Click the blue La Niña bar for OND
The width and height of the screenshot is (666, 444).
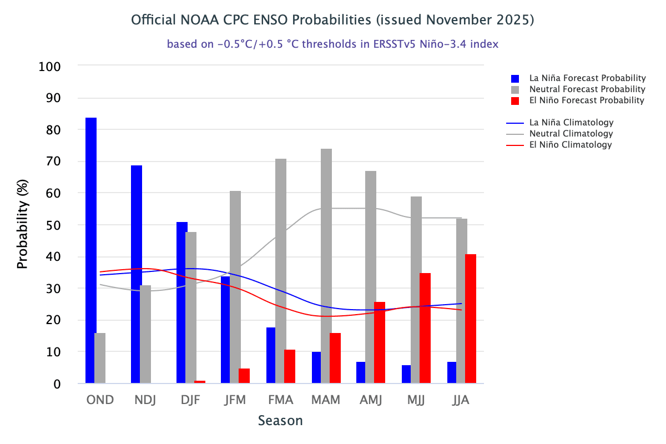coord(90,250)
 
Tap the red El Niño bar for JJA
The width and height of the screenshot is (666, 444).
coord(470,319)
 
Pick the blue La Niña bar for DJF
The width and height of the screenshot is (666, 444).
coord(181,302)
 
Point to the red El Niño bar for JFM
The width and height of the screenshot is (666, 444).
coord(244,376)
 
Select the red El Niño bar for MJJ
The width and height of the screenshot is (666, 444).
coord(425,328)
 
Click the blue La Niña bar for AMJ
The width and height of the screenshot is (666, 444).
coord(361,372)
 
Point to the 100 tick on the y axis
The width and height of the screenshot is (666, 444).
coord(50,67)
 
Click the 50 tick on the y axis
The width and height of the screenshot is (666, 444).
coord(53,225)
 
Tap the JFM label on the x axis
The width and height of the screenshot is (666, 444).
coord(235,400)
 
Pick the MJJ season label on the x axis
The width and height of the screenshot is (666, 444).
coord(416,400)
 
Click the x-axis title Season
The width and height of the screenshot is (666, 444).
coord(280,421)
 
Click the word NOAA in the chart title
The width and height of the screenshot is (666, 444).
coord(201,20)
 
